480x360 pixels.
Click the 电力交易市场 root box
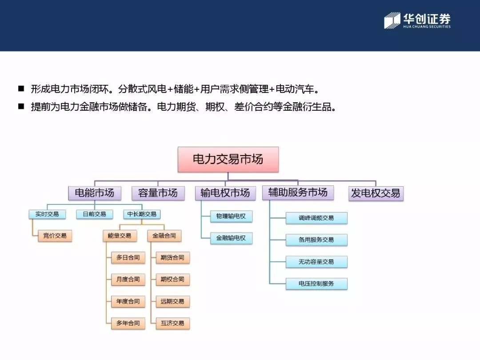[228, 159]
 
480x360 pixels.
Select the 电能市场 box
[94, 193]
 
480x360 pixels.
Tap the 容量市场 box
[158, 193]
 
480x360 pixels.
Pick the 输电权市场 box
[225, 193]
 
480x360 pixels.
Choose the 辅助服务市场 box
[298, 192]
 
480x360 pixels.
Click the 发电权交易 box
[376, 193]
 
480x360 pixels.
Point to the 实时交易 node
[47, 214]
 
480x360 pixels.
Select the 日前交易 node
[94, 214]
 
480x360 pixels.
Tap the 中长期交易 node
[142, 214]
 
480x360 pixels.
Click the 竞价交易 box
[55, 236]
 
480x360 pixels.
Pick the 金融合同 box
[164, 236]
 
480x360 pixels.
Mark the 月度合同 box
[128, 280]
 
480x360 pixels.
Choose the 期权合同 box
[172, 280]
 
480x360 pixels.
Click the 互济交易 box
[172, 323]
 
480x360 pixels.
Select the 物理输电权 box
[231, 216]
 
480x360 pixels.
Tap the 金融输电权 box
[231, 238]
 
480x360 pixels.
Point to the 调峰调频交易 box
[316, 218]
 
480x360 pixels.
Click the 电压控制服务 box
[316, 284]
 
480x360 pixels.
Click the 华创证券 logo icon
[392, 20]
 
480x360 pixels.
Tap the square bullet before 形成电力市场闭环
[21, 89]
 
